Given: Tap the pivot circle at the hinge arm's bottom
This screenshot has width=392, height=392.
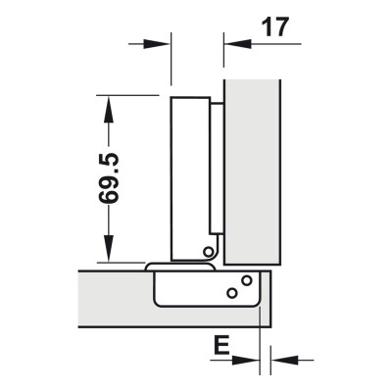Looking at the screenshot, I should [x=208, y=253].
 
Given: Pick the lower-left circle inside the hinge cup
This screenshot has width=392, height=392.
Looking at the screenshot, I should [x=231, y=293].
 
